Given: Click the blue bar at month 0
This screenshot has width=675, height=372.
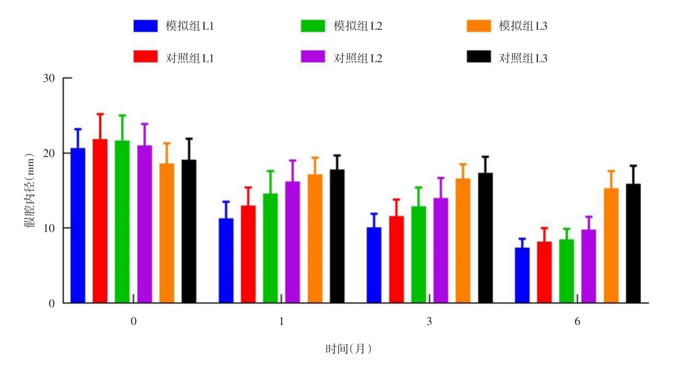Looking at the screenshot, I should coord(78,225).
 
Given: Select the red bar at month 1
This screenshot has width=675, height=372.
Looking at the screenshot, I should coord(248,254).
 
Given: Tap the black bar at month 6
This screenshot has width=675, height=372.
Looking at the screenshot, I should coord(633,243).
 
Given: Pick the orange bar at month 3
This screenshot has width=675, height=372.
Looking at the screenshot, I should coord(463,240).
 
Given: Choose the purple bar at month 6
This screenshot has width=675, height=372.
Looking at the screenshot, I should coord(589,266).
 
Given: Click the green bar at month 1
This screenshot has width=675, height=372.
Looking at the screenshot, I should coord(270,248).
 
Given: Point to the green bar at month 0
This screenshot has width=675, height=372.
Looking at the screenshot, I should coord(122,222).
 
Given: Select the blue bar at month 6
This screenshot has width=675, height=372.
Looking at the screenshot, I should coord(522,275).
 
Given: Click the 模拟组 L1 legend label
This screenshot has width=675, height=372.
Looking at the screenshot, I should coord(190,26).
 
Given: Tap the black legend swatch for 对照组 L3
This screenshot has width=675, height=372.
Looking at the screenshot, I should coord(479,57).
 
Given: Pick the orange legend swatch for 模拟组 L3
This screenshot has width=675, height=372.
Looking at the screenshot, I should coord(479,26).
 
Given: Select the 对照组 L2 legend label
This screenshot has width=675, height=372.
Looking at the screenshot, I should coord(358,58).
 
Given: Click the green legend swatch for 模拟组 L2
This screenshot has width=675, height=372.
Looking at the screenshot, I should coord(313,26).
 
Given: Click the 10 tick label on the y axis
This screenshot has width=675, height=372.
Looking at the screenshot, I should coord(49,228).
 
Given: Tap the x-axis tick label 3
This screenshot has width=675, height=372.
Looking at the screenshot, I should coord(429,321).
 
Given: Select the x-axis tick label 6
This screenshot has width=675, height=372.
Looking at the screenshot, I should coord(577,321).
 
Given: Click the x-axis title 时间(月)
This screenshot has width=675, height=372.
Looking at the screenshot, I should coord(348,348).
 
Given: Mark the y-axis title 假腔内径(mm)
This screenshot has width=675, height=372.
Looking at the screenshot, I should coord(30,191).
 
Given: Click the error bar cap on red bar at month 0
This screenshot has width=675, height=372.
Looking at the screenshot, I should coord(100,114).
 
